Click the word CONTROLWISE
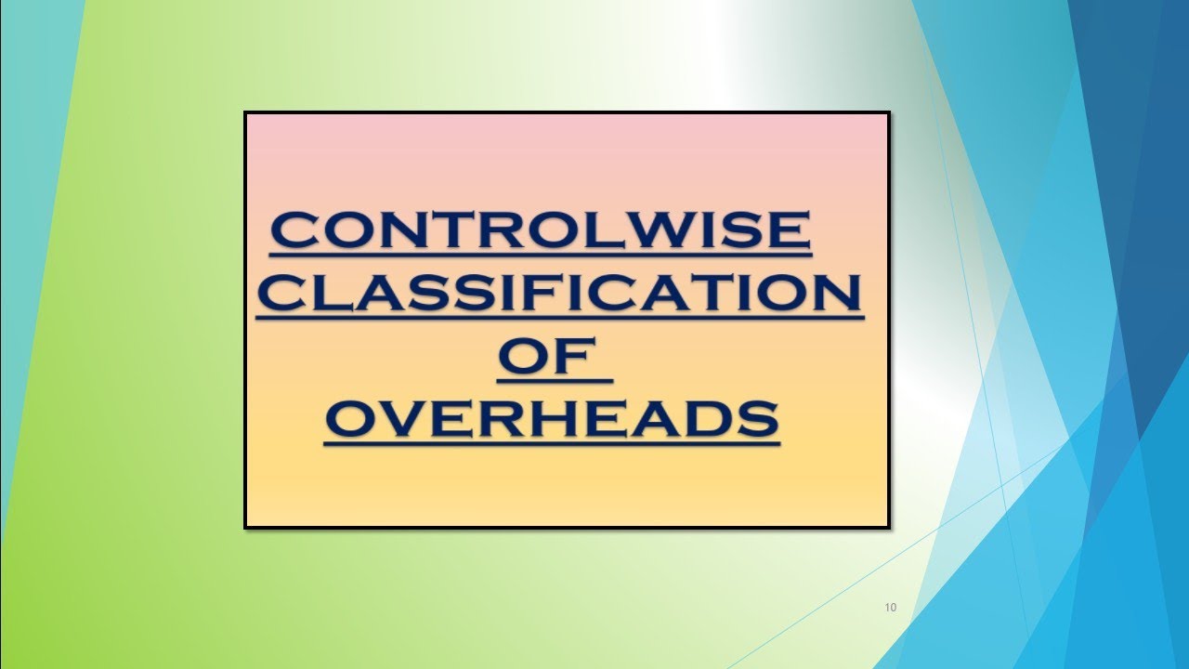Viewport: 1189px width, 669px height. pyautogui.click(x=541, y=231)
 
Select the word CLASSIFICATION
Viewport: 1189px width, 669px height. pyautogui.click(x=559, y=295)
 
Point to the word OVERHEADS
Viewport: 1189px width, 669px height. pyautogui.click(x=552, y=419)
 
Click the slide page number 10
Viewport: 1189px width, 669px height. pyautogui.click(x=891, y=608)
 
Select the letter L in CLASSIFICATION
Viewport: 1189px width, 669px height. pyautogui.click(x=338, y=295)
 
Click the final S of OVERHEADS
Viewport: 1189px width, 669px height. pyautogui.click(x=756, y=419)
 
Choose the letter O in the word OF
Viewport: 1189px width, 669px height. pyautogui.click(x=525, y=358)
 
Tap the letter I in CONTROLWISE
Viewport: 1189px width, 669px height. pyautogui.click(x=724, y=231)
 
